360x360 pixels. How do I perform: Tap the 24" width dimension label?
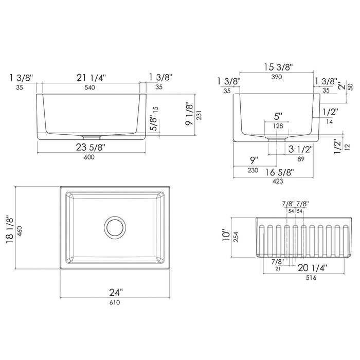(116, 293)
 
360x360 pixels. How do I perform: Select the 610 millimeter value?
(115, 302)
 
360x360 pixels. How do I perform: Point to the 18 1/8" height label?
(10, 229)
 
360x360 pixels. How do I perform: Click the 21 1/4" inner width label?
(91, 78)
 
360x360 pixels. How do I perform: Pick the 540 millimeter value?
(90, 87)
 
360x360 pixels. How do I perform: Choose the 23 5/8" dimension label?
(91, 147)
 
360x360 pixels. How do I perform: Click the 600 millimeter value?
(89, 157)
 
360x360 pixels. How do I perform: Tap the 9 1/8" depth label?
(190, 114)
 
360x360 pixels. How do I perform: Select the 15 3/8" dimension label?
(278, 67)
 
